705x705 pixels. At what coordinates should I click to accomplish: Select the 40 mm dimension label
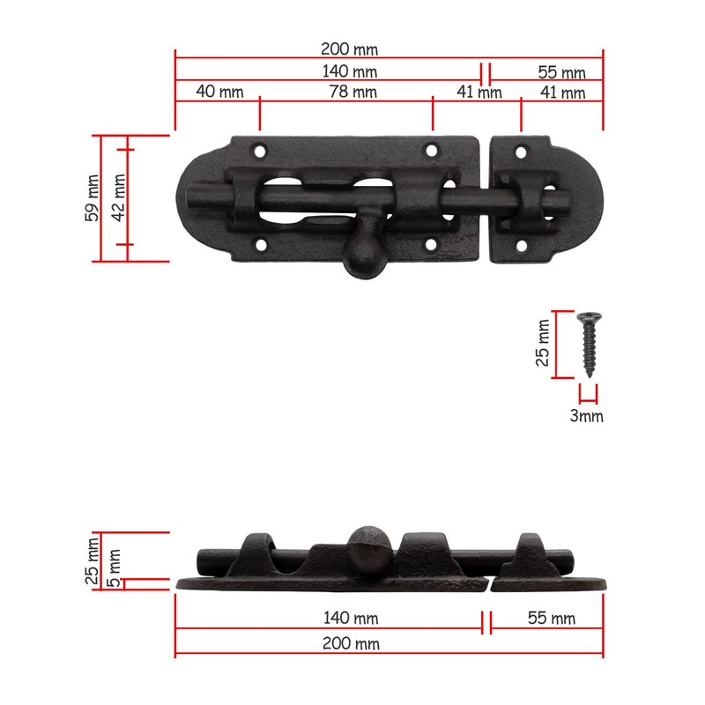click(219, 92)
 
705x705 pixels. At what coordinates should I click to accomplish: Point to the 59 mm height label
click(93, 198)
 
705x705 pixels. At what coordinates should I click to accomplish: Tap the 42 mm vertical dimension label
click(120, 198)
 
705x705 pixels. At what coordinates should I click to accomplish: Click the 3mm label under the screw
click(587, 416)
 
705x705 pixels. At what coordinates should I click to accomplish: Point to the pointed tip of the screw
click(588, 375)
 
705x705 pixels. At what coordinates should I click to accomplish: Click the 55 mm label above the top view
click(562, 71)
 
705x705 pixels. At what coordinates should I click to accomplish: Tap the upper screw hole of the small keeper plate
click(520, 152)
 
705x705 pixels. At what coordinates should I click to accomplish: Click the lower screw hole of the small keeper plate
click(520, 248)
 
